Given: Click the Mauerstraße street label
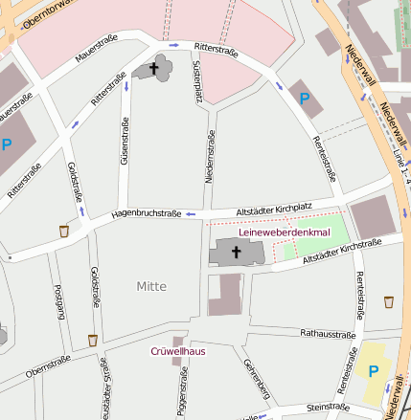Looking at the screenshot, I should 96,50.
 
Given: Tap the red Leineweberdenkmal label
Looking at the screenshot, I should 284,232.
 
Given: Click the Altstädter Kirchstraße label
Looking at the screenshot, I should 341,251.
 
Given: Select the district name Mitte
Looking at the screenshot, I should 151,286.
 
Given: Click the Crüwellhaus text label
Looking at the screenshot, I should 178,351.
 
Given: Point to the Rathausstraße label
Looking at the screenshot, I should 328,334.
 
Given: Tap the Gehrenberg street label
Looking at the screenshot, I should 251,381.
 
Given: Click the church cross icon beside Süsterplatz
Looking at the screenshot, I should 153,68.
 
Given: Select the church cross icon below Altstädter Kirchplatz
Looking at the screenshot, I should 237,251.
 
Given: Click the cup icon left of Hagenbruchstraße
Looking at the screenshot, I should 64,231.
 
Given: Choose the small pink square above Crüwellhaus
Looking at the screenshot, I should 177,341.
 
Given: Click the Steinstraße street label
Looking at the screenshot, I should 329,407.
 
